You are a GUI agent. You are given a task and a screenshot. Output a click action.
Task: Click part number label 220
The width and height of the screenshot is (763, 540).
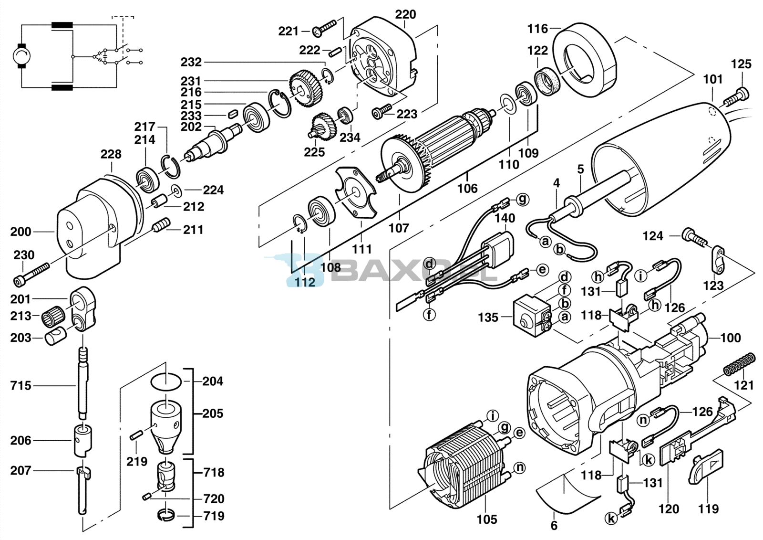tap(405, 15)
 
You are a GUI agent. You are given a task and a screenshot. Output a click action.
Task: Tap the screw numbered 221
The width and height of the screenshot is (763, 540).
tap(324, 28)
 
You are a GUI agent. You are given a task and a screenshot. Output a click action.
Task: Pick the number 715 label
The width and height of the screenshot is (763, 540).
tap(21, 386)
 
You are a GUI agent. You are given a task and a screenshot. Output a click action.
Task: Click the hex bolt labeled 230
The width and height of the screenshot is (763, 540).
tap(32, 273)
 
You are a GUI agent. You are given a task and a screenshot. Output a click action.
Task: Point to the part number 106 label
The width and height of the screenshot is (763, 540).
tap(467, 188)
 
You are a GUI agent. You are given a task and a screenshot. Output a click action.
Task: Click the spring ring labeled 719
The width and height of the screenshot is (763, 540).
tap(166, 516)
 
